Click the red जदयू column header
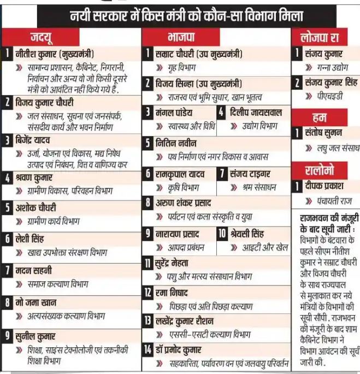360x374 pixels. pyautogui.click(x=41, y=38)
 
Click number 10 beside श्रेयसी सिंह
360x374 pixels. pyautogui.click(x=222, y=234)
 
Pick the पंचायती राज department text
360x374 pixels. pyautogui.click(x=332, y=201)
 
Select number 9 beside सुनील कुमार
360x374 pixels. pyautogui.click(x=7, y=335)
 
